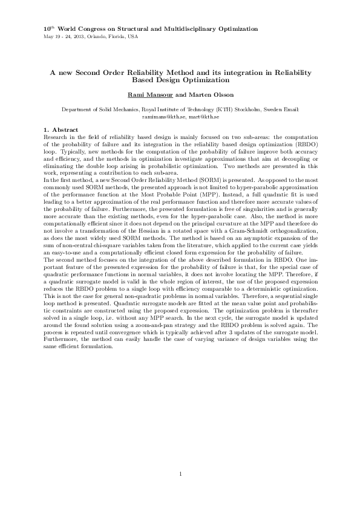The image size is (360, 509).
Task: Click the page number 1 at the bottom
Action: pyautogui.click(x=180, y=473)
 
